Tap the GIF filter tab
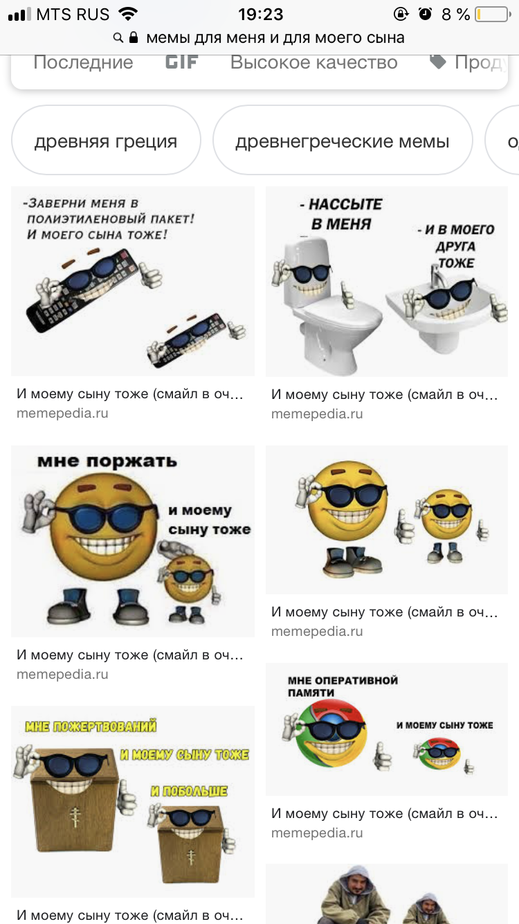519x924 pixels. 181,62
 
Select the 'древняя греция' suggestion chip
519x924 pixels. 106,140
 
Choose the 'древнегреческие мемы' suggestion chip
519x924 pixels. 343,140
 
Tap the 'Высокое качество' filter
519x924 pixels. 313,62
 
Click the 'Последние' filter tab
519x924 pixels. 83,62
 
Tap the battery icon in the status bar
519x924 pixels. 493,15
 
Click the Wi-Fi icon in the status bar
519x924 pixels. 128,14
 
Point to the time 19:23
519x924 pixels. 260,15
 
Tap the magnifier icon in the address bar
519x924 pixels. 118,38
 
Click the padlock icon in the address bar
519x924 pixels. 133,37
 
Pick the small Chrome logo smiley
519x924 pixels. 438,754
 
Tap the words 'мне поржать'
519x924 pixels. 107,461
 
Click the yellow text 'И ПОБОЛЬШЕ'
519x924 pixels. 189,791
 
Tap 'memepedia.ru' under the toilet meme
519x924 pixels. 317,414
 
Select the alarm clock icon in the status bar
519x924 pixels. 425,14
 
